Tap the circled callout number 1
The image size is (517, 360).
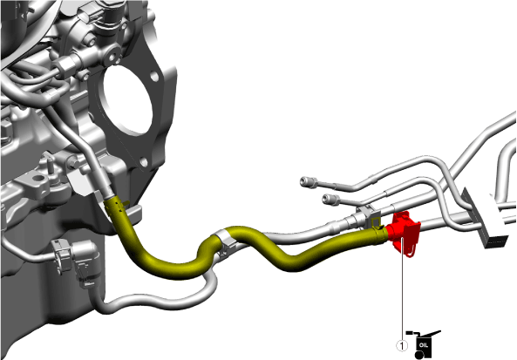402,346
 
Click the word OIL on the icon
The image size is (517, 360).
424,345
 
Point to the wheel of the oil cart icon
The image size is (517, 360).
418,355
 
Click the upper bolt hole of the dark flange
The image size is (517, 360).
154,77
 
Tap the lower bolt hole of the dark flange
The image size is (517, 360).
144,162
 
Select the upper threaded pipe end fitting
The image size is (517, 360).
309,182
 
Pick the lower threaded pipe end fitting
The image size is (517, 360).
330,199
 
